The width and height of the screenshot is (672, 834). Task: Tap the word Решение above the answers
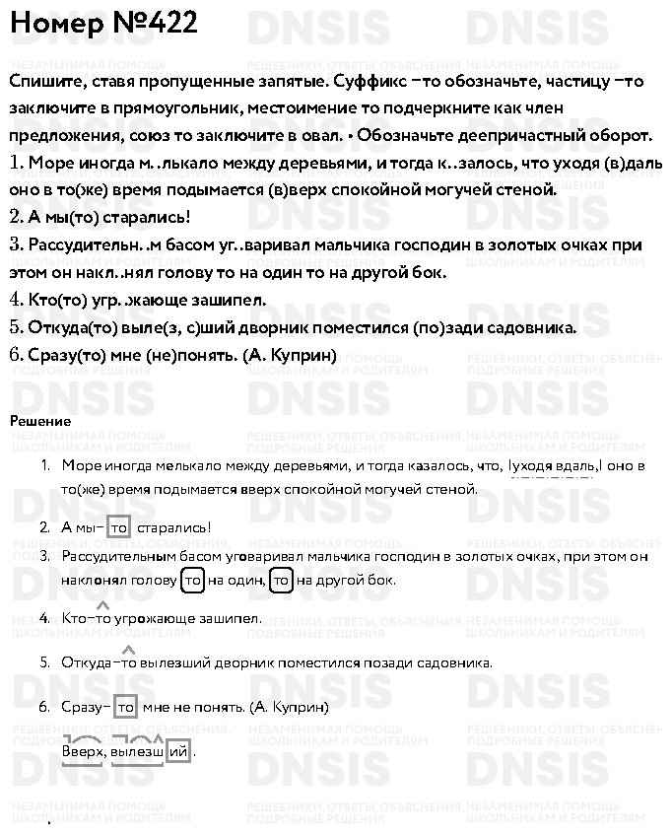(40, 421)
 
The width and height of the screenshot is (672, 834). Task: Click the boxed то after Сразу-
(125, 707)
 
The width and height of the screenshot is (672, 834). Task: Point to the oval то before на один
(193, 581)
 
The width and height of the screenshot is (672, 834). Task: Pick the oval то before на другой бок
(282, 581)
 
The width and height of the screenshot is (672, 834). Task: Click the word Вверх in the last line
(82, 752)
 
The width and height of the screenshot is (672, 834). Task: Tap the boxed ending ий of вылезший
(178, 752)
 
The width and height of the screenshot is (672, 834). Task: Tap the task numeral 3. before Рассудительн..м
(16, 243)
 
